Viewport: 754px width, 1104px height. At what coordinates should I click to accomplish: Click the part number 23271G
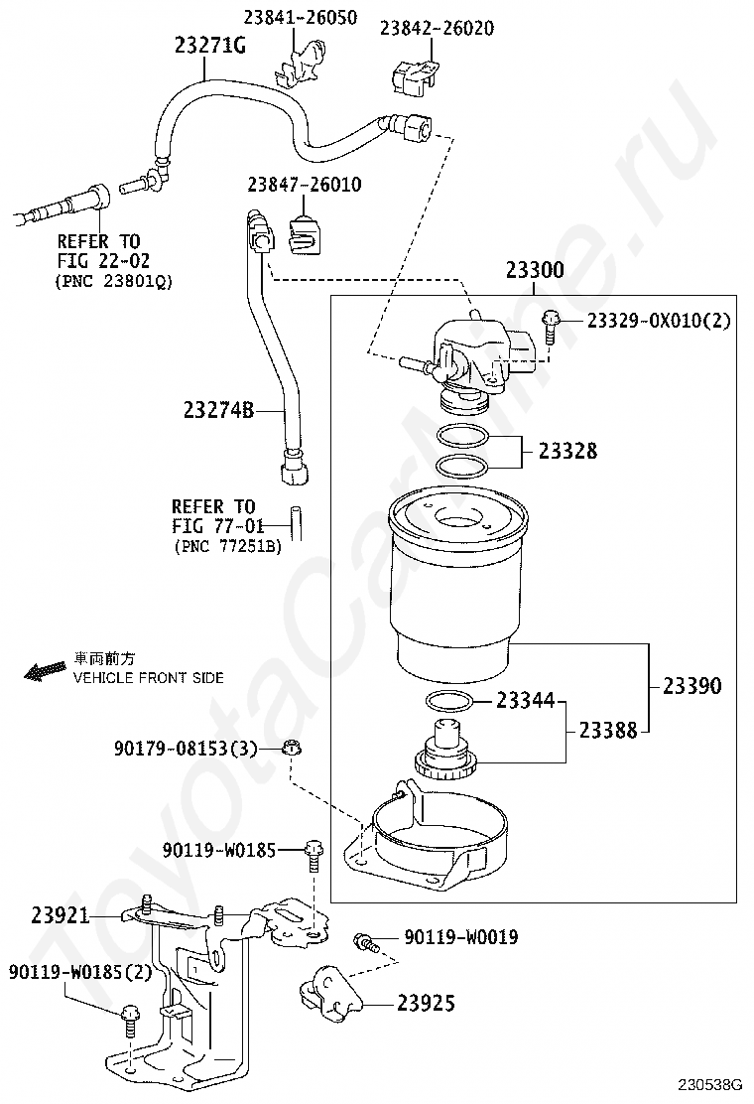point(209,46)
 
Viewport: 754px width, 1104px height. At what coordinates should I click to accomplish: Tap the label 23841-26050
point(301,17)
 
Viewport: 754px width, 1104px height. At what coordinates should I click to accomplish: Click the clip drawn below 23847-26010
point(304,233)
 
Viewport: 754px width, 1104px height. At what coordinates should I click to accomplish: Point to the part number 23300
point(535,270)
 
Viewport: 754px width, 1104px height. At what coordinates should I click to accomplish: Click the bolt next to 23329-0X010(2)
point(550,327)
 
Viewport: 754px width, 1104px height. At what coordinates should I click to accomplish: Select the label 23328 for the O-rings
point(567,451)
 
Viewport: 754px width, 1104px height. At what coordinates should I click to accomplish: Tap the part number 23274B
point(218,410)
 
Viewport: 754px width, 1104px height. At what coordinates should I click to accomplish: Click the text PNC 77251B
point(228,546)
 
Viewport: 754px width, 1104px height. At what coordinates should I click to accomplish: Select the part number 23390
point(692,686)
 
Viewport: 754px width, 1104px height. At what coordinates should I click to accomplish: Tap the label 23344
point(526,700)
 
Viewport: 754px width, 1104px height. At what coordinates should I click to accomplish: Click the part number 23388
point(608,730)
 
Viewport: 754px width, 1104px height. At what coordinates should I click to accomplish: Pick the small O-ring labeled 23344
point(448,702)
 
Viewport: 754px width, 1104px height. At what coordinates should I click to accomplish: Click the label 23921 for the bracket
point(61,915)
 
